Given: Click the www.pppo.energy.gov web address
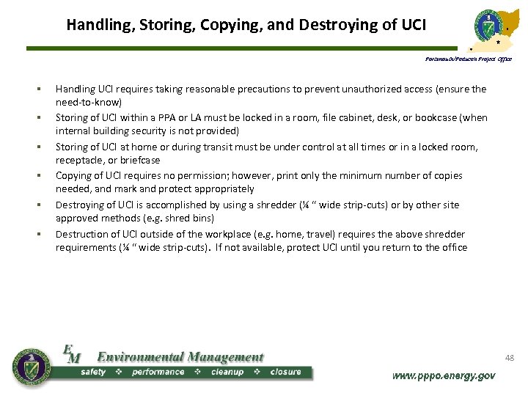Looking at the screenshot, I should tap(444, 375).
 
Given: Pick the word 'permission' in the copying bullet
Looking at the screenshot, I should tap(199, 175).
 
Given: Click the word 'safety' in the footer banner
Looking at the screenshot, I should tap(93, 372).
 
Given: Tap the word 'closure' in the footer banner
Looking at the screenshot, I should tap(285, 372).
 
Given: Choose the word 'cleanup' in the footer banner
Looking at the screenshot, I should tap(227, 372).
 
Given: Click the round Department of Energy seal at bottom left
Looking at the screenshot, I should tap(32, 364).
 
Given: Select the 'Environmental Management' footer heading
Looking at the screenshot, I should tap(180, 357).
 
